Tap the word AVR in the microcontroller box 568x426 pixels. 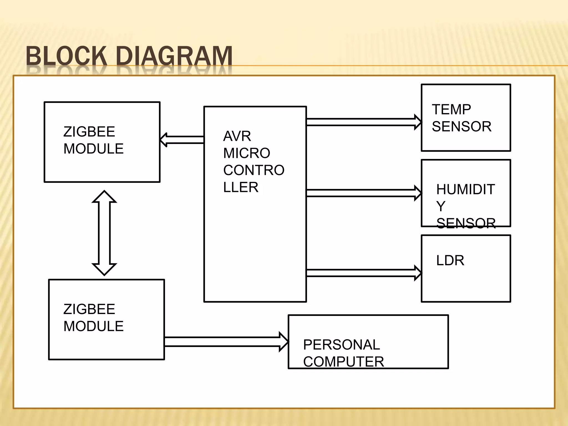click(237, 136)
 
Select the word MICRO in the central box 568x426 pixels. click(247, 153)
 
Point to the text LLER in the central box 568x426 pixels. click(240, 187)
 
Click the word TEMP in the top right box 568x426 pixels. click(451, 110)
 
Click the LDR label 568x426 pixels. click(450, 260)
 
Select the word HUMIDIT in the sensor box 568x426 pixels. click(465, 189)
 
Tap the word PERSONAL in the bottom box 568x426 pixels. click(341, 345)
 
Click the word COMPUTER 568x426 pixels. click(343, 362)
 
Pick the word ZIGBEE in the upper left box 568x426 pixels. click(89, 132)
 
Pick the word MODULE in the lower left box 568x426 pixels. click(93, 326)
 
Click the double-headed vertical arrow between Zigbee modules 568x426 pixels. click(104, 233)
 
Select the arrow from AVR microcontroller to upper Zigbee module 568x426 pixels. click(182, 140)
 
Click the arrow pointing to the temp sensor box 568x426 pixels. click(363, 122)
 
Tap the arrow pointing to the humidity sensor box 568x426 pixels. click(363, 193)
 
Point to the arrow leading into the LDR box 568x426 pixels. click(363, 273)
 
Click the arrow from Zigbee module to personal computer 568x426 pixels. click(226, 342)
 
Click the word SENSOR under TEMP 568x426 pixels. click(461, 126)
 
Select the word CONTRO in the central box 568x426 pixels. click(254, 170)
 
